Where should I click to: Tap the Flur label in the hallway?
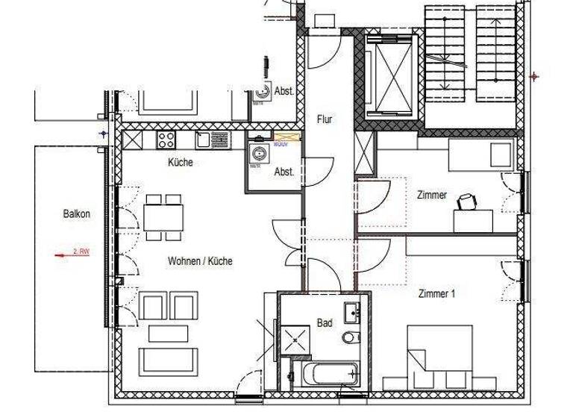pos(325,119)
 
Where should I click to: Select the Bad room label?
pos(325,323)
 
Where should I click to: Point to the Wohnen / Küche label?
pos(199,261)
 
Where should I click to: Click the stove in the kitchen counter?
pos(166,139)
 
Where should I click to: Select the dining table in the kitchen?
pos(163,217)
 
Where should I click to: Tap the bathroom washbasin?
pos(352,311)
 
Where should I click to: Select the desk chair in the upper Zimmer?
pos(468,201)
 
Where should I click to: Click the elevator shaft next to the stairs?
pos(390,76)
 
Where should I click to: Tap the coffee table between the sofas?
pos(168,333)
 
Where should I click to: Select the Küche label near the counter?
pos(181,162)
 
